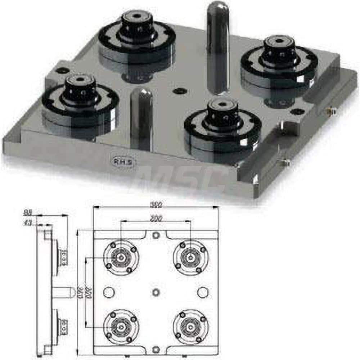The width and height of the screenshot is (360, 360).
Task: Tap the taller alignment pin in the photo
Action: click(217, 47)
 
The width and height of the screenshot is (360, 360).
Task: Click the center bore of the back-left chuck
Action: click(137, 16)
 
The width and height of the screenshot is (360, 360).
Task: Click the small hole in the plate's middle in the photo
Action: click(177, 91)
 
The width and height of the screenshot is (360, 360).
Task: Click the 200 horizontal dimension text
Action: click(156, 218)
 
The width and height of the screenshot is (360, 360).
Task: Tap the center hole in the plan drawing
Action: click(156, 292)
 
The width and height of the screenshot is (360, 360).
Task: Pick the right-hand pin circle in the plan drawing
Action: click(203, 292)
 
